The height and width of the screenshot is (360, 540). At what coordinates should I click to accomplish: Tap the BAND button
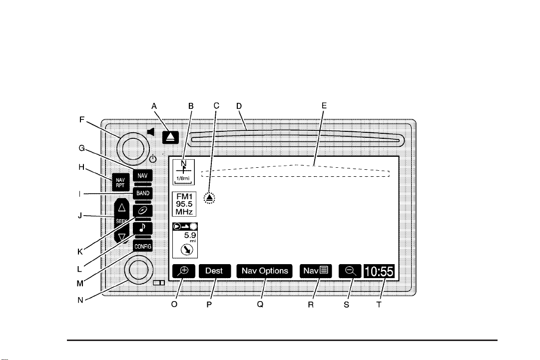tap(142, 193)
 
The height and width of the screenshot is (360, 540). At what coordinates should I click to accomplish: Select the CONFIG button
tap(142, 247)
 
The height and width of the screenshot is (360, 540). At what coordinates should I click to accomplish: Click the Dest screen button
tap(214, 271)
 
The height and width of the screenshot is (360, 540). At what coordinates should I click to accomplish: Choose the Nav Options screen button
tap(265, 271)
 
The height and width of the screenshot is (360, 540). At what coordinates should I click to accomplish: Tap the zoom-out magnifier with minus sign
tap(351, 271)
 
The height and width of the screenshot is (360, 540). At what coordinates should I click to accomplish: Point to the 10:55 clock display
tap(379, 272)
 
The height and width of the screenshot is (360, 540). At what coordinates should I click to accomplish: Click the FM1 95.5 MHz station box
tap(184, 204)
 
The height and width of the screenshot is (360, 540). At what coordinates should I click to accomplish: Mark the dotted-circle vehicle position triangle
tap(210, 198)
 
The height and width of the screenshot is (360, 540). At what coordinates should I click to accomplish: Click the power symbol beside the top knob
tap(153, 159)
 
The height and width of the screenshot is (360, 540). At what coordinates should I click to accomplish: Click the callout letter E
tap(324, 106)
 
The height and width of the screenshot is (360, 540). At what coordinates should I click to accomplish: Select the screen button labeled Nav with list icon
tap(314, 271)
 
